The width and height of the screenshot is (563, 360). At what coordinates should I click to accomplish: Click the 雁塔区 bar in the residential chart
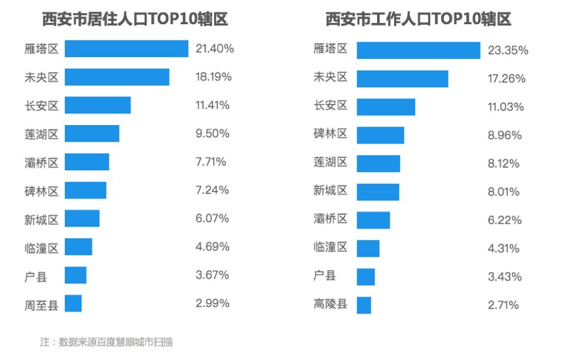tap(126, 49)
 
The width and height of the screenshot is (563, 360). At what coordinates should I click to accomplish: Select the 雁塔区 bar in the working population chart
tap(418, 50)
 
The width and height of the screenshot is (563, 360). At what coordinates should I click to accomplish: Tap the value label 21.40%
tap(214, 49)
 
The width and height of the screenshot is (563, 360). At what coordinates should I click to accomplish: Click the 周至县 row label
tap(41, 304)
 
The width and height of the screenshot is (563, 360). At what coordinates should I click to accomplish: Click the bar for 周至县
tap(73, 304)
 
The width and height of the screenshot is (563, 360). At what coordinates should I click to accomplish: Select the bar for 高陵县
tap(364, 305)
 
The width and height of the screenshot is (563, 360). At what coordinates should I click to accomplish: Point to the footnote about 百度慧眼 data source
tap(106, 342)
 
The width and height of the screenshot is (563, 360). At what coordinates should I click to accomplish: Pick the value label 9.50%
tap(212, 134)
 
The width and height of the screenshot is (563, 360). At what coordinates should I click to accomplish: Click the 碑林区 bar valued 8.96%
tap(380, 135)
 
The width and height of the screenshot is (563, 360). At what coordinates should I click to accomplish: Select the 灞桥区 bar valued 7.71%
tap(87, 162)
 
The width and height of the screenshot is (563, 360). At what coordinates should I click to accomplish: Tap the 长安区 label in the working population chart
tap(331, 105)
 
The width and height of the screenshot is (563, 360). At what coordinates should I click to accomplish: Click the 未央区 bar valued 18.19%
tap(117, 77)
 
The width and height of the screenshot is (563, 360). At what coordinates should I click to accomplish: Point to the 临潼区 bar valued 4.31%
tap(368, 249)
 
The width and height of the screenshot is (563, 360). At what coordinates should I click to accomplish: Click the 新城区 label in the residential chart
tap(41, 219)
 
